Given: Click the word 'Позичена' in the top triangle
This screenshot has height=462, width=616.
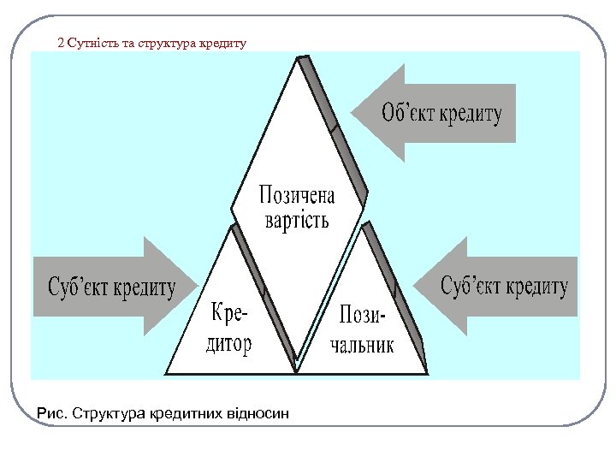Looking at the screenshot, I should (297, 195).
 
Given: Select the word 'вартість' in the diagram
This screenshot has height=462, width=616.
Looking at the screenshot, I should (297, 220).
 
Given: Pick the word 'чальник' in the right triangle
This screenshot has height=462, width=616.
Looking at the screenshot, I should (362, 344).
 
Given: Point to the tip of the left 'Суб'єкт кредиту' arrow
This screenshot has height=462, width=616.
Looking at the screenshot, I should (197, 287).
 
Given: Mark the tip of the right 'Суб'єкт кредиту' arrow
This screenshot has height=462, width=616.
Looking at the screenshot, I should (417, 286).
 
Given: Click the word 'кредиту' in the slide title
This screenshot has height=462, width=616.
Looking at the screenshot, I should (223, 42).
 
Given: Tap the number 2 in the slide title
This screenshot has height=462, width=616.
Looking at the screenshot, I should (60, 42).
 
